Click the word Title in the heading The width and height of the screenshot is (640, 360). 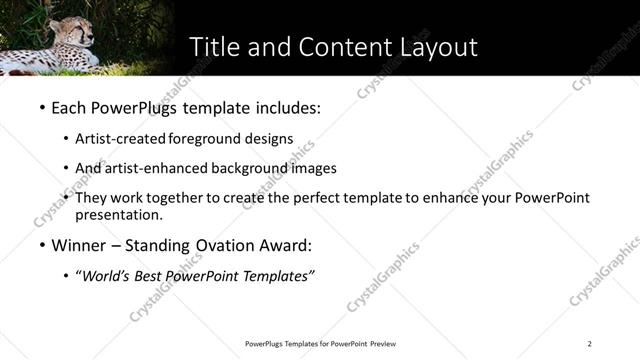214,47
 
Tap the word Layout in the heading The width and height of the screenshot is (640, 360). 432,47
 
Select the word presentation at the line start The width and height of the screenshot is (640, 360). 118,214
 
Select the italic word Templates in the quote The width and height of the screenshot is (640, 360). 280,277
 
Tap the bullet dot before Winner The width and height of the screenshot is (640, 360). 41,245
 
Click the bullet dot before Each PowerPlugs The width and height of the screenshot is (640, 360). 41,105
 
